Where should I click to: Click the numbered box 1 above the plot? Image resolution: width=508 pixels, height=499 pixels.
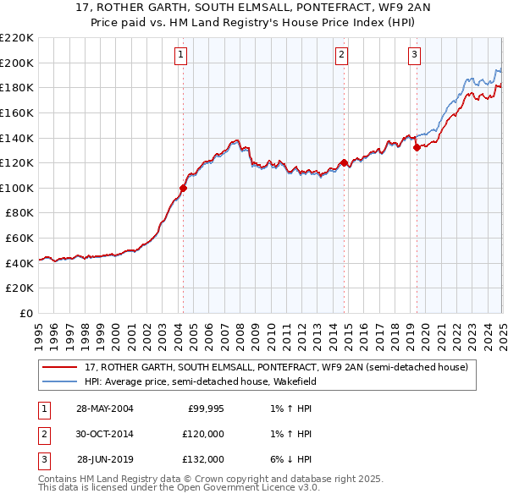click(182, 56)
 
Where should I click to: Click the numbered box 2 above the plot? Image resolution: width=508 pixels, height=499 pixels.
click(341, 56)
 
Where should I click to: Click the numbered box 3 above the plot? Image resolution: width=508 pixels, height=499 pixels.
click(414, 56)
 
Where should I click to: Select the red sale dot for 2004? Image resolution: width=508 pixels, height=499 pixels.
click(183, 188)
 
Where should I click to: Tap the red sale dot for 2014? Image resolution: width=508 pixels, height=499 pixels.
click(344, 162)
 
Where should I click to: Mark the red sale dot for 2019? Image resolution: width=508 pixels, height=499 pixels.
click(417, 147)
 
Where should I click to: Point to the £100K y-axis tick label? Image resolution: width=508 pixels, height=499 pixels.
click(17, 188)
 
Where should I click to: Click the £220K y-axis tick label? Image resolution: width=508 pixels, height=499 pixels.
click(17, 38)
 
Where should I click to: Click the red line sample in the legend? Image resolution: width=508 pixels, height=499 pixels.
click(61, 367)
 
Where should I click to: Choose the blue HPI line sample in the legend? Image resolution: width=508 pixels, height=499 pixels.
click(61, 381)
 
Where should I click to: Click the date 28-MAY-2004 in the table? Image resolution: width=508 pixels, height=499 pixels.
click(104, 408)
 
